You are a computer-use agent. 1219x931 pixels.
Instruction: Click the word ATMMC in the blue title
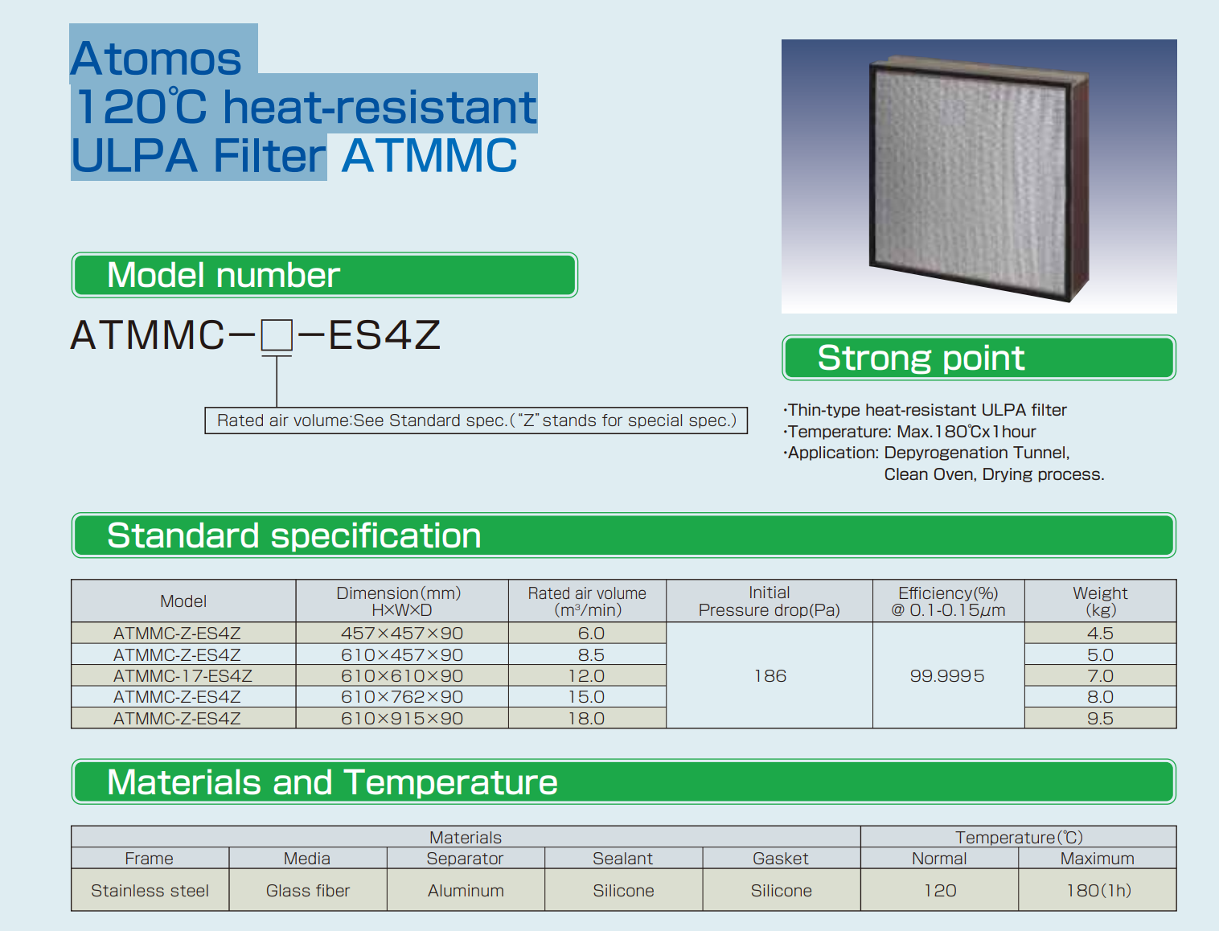pyautogui.click(x=429, y=155)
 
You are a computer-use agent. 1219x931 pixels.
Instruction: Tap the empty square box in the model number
pyautogui.click(x=277, y=334)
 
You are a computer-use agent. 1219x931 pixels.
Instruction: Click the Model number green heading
pyautogui.click(x=325, y=275)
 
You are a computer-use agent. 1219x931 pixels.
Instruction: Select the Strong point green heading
pyautogui.click(x=979, y=358)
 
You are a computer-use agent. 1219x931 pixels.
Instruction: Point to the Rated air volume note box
pyautogui.click(x=476, y=420)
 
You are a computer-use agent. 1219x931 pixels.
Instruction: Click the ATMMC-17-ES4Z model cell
pyautogui.click(x=183, y=675)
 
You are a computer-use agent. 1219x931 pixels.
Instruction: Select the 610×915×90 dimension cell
pyautogui.click(x=402, y=719)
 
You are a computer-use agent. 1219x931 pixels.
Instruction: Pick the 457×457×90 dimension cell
pyautogui.click(x=402, y=633)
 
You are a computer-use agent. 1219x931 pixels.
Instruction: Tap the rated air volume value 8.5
pyautogui.click(x=590, y=654)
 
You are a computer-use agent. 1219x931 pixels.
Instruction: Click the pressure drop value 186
pyautogui.click(x=770, y=675)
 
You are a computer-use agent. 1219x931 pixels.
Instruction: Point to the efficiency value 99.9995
pyautogui.click(x=947, y=675)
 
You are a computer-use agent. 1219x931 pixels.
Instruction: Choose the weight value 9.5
pyautogui.click(x=1100, y=719)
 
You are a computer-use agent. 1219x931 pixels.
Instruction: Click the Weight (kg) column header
pyautogui.click(x=1100, y=601)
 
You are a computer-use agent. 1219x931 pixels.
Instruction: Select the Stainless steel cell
pyautogui.click(x=150, y=891)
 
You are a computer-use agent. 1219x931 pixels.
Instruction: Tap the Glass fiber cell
pyautogui.click(x=308, y=891)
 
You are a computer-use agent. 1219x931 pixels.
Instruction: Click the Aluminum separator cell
pyautogui.click(x=466, y=891)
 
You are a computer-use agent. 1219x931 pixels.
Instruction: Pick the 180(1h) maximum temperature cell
pyautogui.click(x=1098, y=891)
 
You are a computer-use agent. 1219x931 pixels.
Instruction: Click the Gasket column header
pyautogui.click(x=781, y=859)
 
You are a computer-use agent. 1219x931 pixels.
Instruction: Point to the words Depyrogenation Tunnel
pyautogui.click(x=977, y=453)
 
